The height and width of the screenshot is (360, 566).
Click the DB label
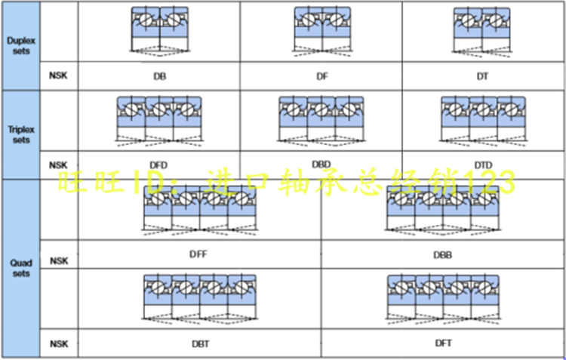[159, 77]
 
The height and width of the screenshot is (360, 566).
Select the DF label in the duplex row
[321, 77]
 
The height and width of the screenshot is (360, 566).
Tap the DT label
[484, 77]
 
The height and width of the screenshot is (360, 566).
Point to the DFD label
[159, 165]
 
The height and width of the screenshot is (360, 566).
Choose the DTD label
[484, 165]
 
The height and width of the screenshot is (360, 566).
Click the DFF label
[198, 254]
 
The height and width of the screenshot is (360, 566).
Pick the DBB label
[443, 255]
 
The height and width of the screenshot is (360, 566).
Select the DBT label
[200, 343]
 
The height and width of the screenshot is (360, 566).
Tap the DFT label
[443, 343]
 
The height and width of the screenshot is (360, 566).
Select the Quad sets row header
[20, 268]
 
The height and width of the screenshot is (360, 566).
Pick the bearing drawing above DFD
[159, 119]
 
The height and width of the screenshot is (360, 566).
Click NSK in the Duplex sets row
[58, 76]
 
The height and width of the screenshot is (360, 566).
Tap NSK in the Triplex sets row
[58, 165]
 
